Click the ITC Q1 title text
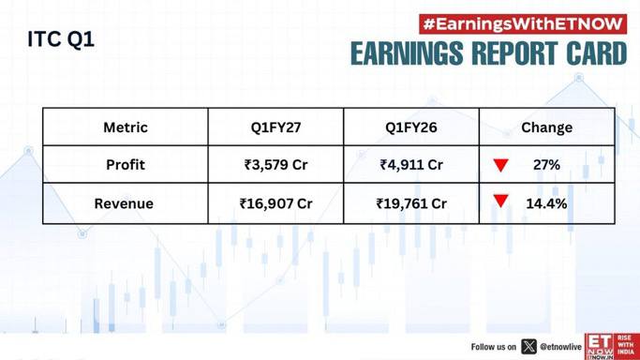(x=61, y=39)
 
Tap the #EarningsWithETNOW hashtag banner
(x=523, y=24)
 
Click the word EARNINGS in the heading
(x=408, y=53)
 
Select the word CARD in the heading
(x=596, y=53)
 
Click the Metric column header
(x=126, y=127)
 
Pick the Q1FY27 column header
(x=275, y=127)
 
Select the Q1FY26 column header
(x=411, y=127)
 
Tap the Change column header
(x=546, y=127)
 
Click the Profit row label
(x=126, y=164)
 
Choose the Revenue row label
(x=124, y=203)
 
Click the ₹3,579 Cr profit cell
(x=275, y=164)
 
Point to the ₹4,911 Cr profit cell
(x=411, y=164)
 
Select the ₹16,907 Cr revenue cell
(x=275, y=203)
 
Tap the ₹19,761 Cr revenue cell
(x=411, y=203)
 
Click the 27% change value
(x=546, y=164)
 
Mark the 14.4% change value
(x=546, y=203)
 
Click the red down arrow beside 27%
(x=500, y=164)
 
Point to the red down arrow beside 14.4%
(x=500, y=201)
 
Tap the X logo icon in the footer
(x=529, y=347)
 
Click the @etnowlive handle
(x=560, y=347)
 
